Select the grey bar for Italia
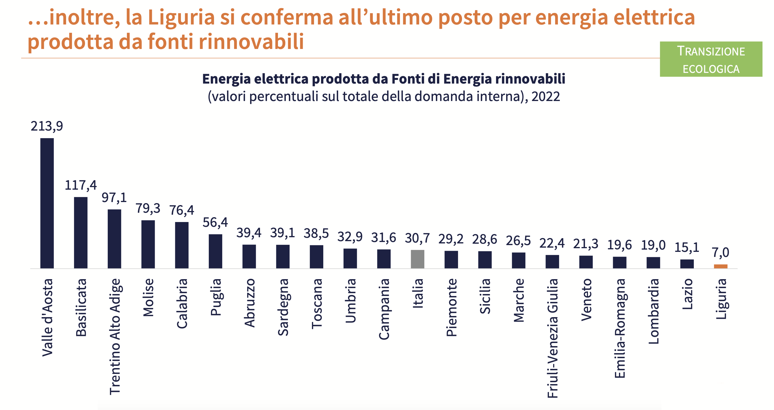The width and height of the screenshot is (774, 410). (417, 259)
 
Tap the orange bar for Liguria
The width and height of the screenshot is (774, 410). (721, 266)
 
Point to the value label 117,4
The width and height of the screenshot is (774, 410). (80, 185)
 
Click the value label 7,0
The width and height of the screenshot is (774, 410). (720, 252)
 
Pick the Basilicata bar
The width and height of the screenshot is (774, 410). (81, 232)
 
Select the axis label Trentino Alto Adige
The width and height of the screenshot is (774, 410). (115, 336)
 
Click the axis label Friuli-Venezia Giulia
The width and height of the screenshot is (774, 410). (552, 338)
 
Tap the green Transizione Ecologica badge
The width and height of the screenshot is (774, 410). (711, 59)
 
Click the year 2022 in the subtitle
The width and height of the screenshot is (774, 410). (545, 97)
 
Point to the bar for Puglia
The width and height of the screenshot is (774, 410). (216, 251)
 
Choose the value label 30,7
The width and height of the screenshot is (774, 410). (417, 238)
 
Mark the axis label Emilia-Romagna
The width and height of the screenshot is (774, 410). (620, 328)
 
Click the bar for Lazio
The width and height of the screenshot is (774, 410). (687, 264)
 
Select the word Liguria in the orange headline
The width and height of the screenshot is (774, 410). (181, 17)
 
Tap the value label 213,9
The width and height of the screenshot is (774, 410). (47, 126)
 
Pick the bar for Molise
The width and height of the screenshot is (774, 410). (148, 244)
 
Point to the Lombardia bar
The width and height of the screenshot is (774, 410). (653, 263)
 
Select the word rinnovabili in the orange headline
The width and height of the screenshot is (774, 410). (251, 41)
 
